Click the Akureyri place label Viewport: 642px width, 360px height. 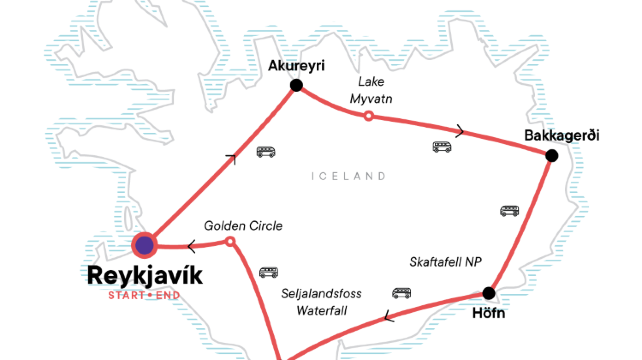click(x=297, y=66)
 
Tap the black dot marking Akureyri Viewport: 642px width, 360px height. click(x=296, y=86)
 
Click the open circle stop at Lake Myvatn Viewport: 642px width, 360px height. click(x=368, y=117)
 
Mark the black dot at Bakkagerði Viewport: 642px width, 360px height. click(x=551, y=155)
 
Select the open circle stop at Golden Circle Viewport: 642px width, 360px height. click(x=231, y=242)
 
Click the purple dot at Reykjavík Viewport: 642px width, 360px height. click(x=146, y=245)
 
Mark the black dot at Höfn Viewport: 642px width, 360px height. click(x=488, y=293)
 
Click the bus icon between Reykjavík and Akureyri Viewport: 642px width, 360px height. click(x=265, y=152)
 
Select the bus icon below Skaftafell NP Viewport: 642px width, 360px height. click(x=402, y=294)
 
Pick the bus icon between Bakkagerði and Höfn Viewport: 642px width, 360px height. click(x=509, y=211)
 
